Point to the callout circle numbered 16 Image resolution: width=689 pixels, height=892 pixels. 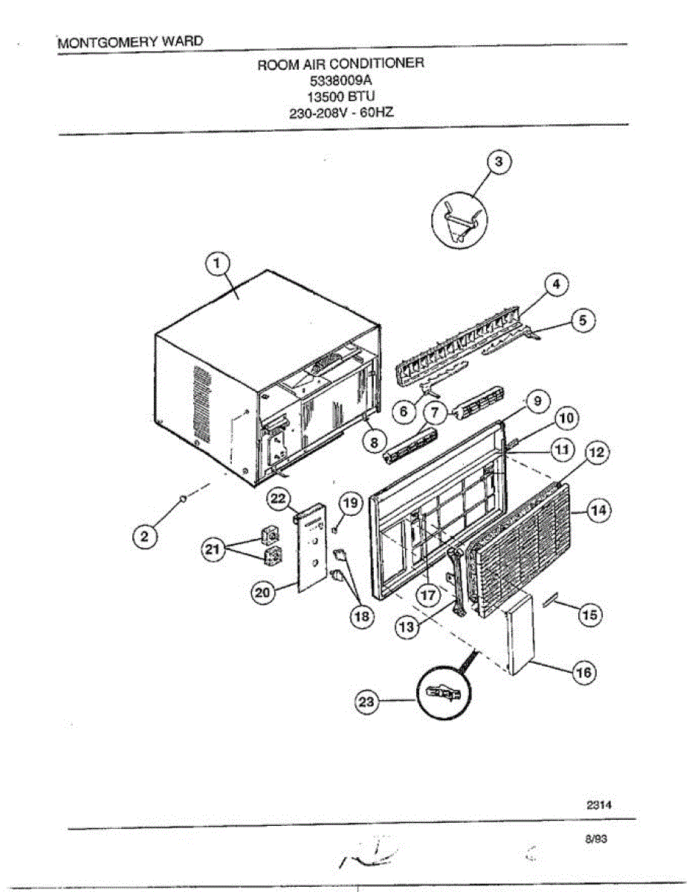(x=583, y=673)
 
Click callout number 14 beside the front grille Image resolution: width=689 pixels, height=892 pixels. (x=599, y=511)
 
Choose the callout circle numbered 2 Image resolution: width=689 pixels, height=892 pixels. (x=146, y=536)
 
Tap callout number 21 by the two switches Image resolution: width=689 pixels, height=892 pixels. (x=213, y=550)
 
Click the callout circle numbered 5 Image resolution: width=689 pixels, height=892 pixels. (x=583, y=320)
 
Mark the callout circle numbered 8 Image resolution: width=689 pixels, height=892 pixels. (x=374, y=441)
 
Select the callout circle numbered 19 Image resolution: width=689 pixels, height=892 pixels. (x=350, y=503)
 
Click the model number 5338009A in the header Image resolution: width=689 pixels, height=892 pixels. (x=340, y=80)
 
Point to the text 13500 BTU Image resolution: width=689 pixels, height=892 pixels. (x=341, y=97)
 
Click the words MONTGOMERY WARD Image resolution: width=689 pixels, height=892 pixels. (x=130, y=42)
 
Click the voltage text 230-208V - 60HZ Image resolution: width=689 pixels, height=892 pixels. (x=341, y=114)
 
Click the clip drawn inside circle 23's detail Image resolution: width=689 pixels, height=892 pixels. (x=441, y=694)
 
